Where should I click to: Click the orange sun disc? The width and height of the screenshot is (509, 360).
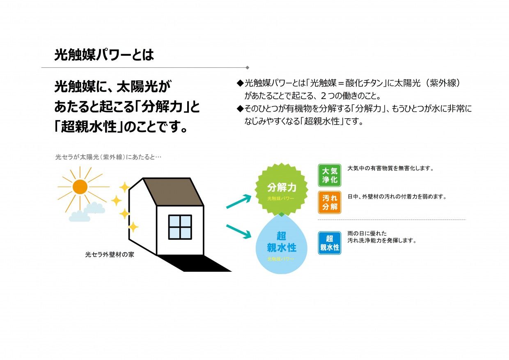[x=80, y=187]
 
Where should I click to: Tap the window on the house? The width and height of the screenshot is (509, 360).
[x=180, y=227]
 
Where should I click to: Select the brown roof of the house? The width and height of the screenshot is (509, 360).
[x=173, y=192]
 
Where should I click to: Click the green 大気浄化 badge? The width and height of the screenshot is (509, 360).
[x=330, y=175]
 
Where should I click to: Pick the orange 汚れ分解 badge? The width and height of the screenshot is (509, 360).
[x=330, y=202]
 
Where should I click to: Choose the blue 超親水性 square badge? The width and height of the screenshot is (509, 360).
[x=330, y=243]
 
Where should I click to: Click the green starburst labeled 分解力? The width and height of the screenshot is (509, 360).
[x=281, y=189]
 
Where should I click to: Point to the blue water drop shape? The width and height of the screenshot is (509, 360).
[x=281, y=244]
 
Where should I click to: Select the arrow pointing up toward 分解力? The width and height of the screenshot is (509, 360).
[x=238, y=201]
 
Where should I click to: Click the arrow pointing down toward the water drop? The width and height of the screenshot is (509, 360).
[x=238, y=232]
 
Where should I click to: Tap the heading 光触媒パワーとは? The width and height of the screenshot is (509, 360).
[x=104, y=55]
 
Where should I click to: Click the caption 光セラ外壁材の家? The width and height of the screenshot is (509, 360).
[x=110, y=255]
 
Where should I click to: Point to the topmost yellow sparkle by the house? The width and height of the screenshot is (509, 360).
[x=124, y=187]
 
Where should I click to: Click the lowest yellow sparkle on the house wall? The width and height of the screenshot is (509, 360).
[x=133, y=227]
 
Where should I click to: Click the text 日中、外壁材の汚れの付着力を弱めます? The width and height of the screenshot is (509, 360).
[x=397, y=197]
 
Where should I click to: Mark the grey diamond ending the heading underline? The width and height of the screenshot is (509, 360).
[x=248, y=67]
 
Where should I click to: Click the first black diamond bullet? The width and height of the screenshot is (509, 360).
[x=240, y=83]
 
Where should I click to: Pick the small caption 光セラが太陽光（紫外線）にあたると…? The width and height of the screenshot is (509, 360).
[x=108, y=157]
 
